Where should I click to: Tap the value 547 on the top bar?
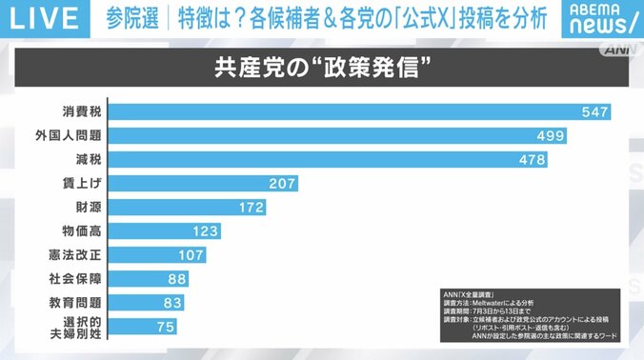coord(595,111)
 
